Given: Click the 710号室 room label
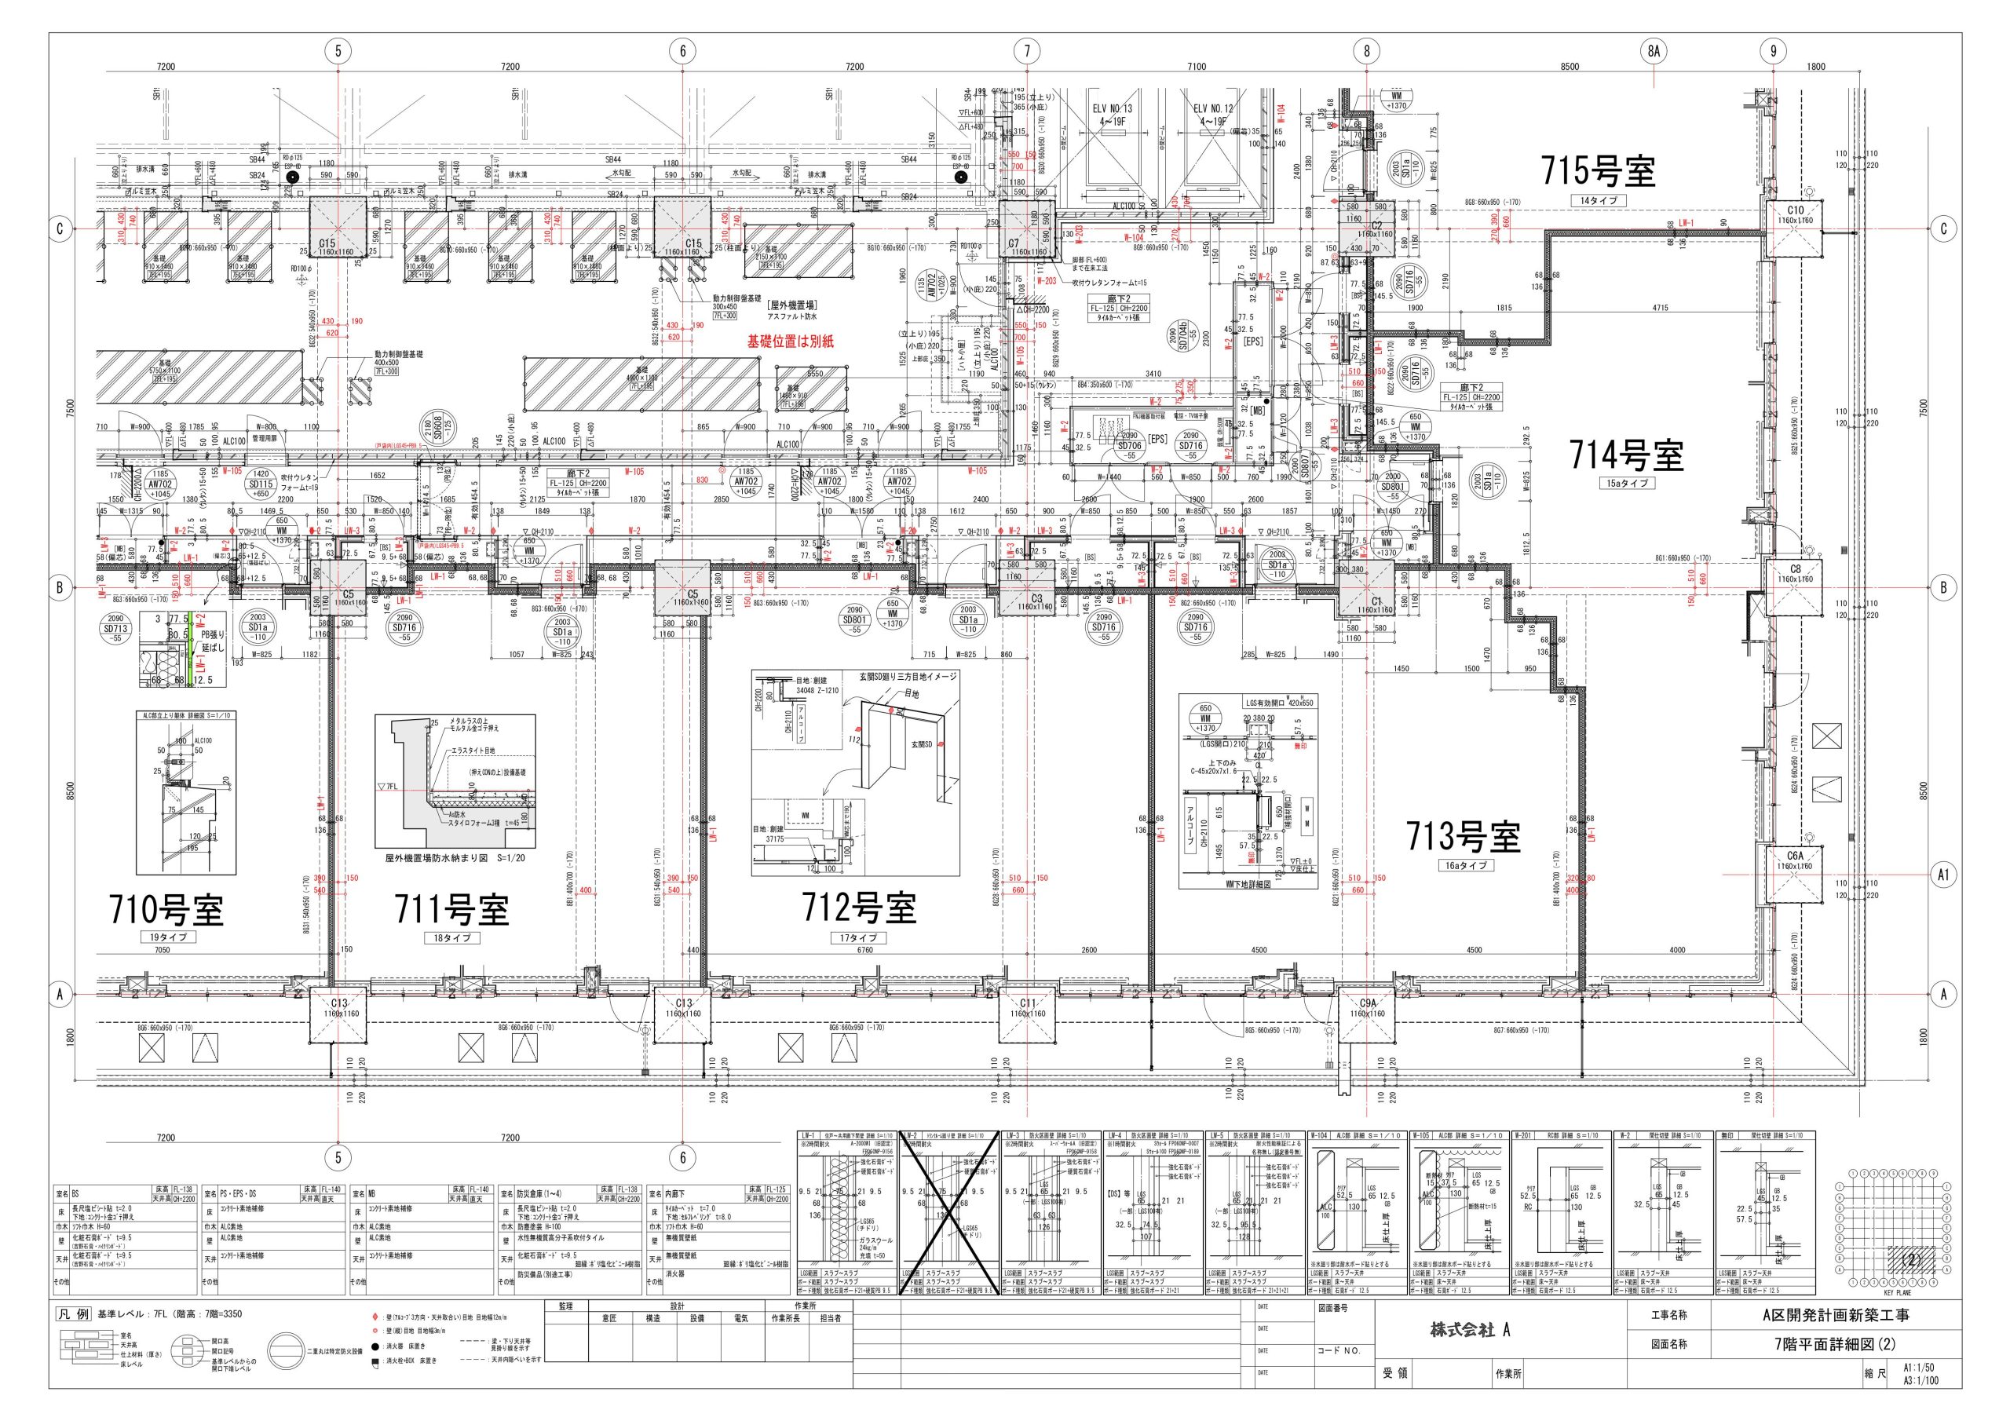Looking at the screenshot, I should point(166,910).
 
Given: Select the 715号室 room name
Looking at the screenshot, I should point(1598,170).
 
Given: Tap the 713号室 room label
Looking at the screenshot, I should point(1463,836).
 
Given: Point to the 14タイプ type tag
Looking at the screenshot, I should point(1598,200).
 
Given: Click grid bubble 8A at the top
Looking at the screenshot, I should point(1653,51).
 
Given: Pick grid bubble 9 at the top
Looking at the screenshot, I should point(1774,51).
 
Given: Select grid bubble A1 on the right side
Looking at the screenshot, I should point(1943,875).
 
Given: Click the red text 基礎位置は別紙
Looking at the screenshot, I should point(790,342).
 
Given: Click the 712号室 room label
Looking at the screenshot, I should point(859,908).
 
